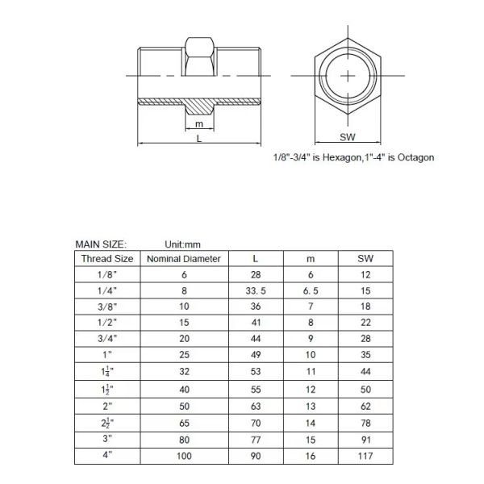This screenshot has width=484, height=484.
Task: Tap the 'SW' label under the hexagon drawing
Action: click(x=348, y=137)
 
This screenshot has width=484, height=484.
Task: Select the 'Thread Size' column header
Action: click(x=107, y=259)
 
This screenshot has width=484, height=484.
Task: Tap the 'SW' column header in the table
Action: click(x=365, y=259)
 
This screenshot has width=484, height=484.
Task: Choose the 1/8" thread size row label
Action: click(x=107, y=276)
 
